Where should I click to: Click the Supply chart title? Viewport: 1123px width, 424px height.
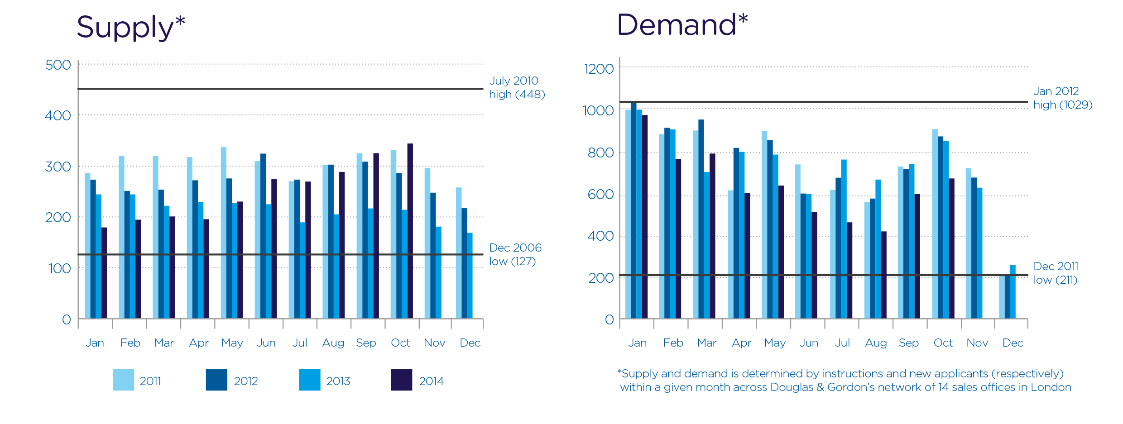click(x=130, y=27)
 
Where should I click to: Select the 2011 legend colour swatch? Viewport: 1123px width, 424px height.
click(x=123, y=380)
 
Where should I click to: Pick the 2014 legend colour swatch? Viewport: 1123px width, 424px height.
click(x=401, y=380)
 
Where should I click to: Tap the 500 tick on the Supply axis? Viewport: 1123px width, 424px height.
click(x=58, y=65)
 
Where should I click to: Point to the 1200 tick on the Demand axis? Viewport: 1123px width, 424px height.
click(x=599, y=69)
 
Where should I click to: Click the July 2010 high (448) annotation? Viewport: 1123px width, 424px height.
click(x=517, y=87)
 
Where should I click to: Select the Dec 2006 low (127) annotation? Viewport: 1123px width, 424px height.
click(x=515, y=254)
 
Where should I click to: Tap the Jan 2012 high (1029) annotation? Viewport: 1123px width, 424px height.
click(x=1062, y=98)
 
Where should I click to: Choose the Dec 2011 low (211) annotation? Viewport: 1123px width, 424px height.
click(x=1056, y=273)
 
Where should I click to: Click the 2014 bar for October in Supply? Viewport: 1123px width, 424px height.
click(x=410, y=231)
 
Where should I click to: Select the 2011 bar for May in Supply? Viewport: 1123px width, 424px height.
click(x=224, y=233)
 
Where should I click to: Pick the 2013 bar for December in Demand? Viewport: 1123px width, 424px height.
click(x=1013, y=292)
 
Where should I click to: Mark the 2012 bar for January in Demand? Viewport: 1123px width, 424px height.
click(x=633, y=210)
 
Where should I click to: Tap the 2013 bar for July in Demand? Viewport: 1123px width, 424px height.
click(x=844, y=239)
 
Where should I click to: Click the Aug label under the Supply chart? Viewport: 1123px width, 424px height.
click(x=333, y=343)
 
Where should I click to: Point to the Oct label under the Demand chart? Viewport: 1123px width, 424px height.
click(x=943, y=343)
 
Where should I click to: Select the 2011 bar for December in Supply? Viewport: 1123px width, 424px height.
click(x=459, y=253)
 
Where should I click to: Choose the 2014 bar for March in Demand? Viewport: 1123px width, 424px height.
click(x=712, y=236)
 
